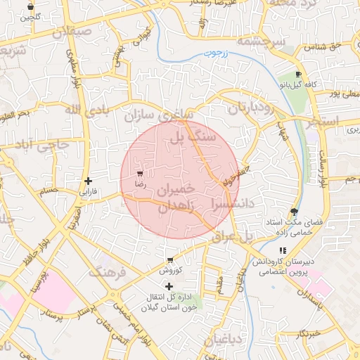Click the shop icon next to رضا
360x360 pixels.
(x=141, y=172)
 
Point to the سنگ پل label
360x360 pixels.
(x=193, y=139)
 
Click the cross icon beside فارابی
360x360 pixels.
(x=88, y=181)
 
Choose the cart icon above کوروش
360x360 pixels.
(x=170, y=259)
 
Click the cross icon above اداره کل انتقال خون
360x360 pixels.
(x=169, y=286)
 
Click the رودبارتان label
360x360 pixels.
(x=250, y=109)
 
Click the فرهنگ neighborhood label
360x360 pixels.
(x=109, y=272)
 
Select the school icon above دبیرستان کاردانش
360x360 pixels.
(x=283, y=250)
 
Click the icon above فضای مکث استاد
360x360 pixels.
(x=294, y=211)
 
